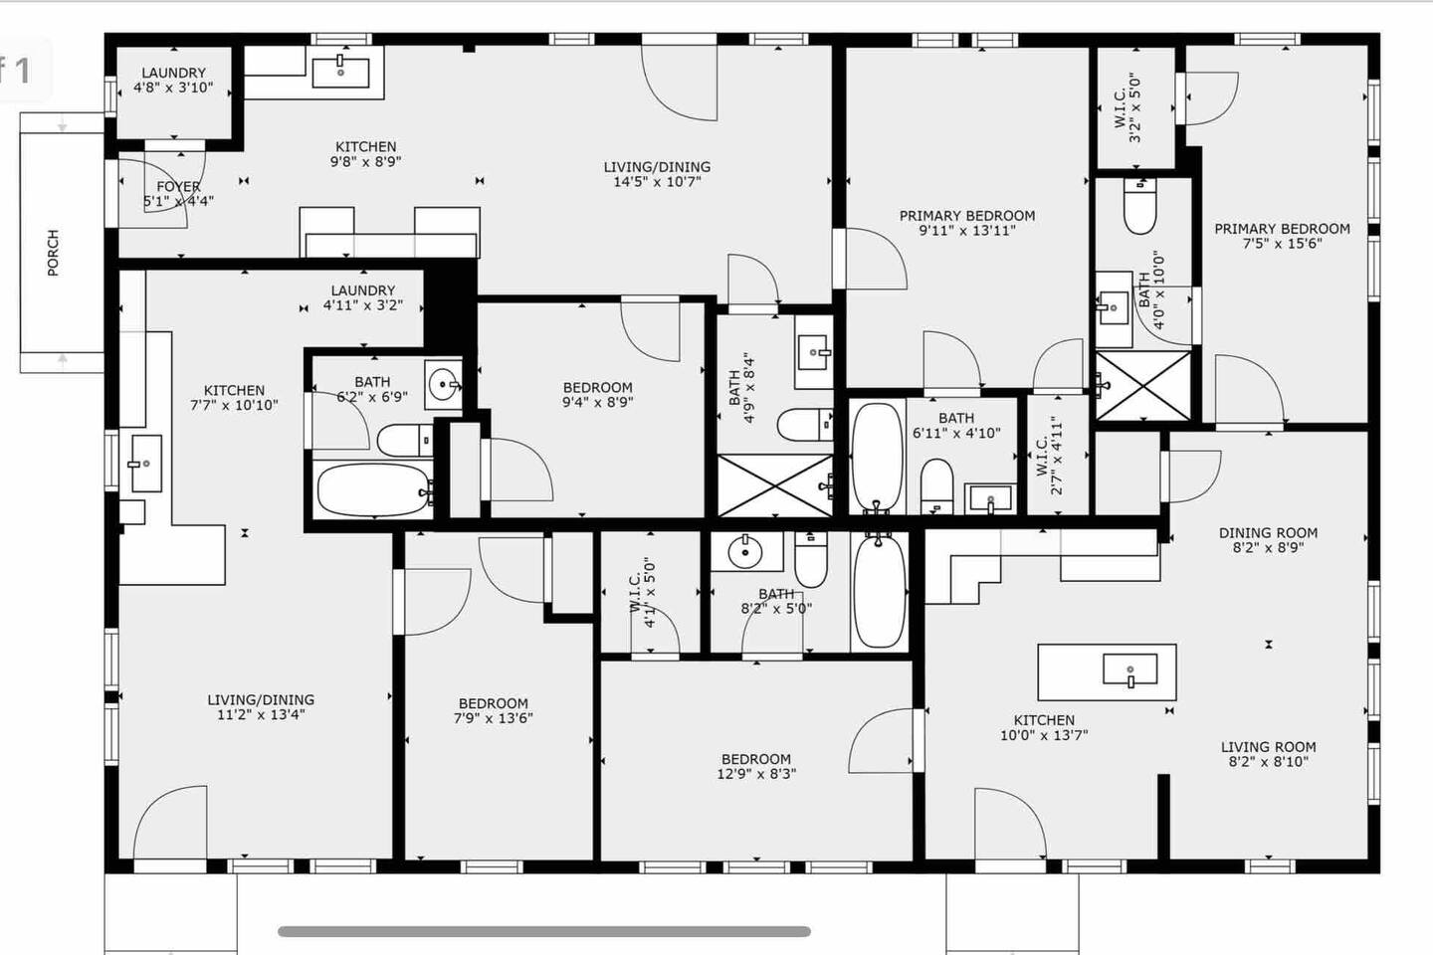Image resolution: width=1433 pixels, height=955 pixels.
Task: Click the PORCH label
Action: [53, 253]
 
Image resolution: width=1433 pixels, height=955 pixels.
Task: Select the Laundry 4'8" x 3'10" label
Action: [173, 80]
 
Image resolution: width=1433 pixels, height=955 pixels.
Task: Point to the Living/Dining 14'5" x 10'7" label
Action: [657, 174]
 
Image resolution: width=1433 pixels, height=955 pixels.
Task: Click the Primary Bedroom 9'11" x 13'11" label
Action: [967, 223]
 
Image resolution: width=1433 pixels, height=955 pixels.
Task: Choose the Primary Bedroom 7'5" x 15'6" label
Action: [1282, 236]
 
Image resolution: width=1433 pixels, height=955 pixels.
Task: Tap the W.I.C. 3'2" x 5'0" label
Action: [1127, 106]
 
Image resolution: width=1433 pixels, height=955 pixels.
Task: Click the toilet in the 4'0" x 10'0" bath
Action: [1140, 206]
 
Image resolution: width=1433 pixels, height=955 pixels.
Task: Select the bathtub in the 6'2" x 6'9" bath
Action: [374, 490]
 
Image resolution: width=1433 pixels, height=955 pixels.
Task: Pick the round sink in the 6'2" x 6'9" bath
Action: [444, 384]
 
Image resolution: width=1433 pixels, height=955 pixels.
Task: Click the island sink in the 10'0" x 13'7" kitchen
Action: [1129, 669]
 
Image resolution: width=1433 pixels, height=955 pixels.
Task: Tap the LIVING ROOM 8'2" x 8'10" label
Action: [1268, 754]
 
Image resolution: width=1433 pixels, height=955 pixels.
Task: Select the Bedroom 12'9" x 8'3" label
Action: [756, 766]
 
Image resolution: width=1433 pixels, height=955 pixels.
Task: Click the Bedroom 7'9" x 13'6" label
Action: [494, 710]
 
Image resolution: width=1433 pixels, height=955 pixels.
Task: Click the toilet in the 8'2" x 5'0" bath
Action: [810, 560]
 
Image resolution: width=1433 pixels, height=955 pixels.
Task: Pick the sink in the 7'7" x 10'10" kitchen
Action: [146, 464]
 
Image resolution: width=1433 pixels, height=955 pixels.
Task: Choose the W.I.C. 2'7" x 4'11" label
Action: [1049, 456]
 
